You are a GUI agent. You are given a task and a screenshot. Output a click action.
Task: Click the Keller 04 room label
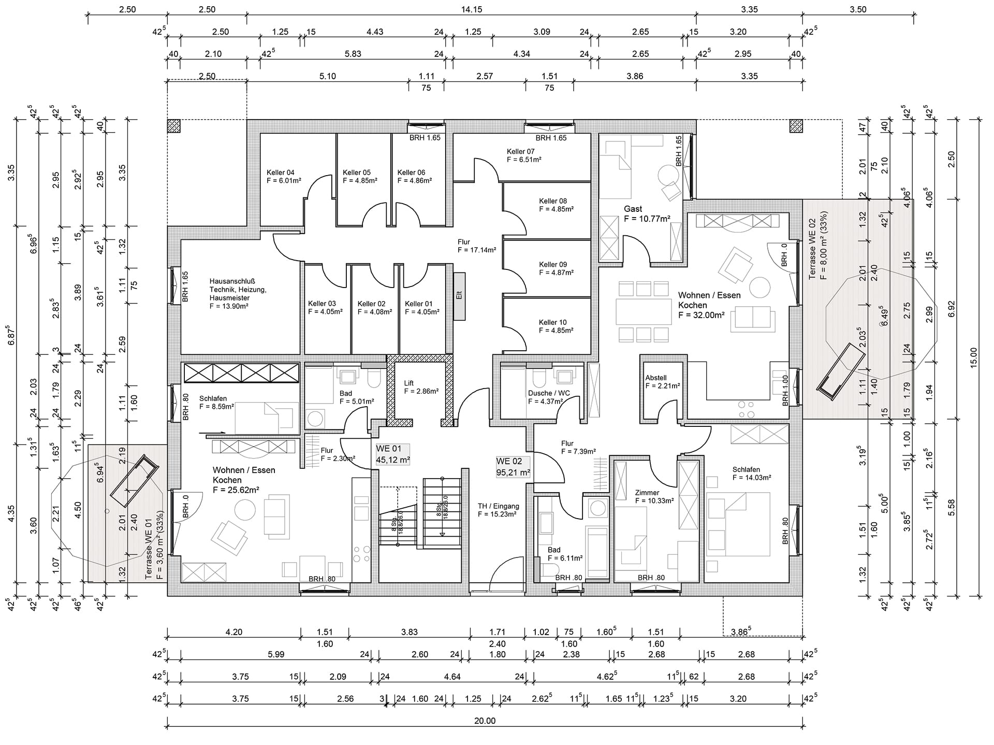click(284, 177)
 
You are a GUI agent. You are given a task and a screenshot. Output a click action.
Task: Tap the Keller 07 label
click(524, 155)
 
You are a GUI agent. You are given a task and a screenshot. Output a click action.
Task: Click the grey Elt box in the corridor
click(459, 297)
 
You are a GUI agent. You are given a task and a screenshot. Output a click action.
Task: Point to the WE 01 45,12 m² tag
click(393, 454)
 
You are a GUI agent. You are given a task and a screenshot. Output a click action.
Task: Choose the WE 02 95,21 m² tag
click(513, 467)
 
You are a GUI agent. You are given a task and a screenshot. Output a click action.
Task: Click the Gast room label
click(647, 213)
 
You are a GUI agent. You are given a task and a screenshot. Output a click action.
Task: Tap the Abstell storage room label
click(663, 382)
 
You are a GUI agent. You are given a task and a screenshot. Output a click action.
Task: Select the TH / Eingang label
click(498, 510)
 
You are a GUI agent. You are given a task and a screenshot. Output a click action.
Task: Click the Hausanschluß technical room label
click(238, 294)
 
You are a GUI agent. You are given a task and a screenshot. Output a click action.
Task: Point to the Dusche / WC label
click(549, 397)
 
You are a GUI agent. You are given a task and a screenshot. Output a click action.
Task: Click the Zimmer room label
click(654, 497)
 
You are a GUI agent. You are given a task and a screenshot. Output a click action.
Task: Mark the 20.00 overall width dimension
click(485, 721)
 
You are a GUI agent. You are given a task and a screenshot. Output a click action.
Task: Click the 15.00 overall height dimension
click(973, 357)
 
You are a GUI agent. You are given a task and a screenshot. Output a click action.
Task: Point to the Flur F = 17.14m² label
click(477, 246)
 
